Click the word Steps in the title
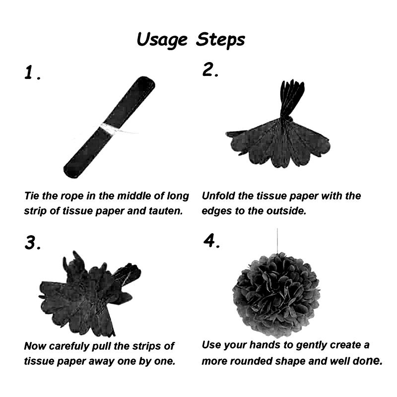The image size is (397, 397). tap(221, 40)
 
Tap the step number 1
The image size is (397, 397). tap(32, 72)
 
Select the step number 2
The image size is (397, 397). tap(210, 69)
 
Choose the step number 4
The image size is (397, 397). tap(212, 241)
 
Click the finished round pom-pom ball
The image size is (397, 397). tap(276, 295)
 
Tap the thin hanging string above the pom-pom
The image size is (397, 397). tap(277, 241)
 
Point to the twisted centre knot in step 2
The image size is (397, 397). tap(285, 119)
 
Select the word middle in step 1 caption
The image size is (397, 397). tap(134, 196)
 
